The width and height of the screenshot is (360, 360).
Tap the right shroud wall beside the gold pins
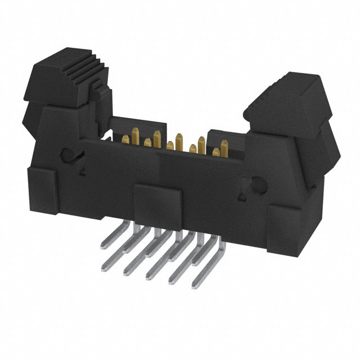click(x=225, y=138)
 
